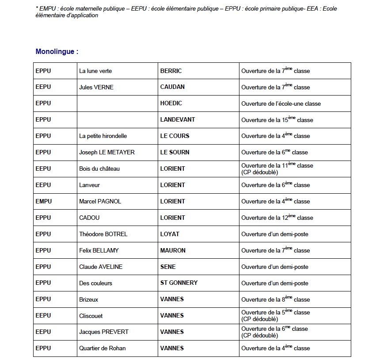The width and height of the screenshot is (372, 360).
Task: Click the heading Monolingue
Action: [57, 52]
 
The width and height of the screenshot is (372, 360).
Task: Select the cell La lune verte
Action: [95, 71]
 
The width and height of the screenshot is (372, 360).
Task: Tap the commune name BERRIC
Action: [171, 71]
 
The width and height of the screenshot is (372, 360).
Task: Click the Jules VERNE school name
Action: [96, 87]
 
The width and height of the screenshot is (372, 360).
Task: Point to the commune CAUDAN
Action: [172, 87]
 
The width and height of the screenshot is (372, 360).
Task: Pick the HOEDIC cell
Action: [171, 103]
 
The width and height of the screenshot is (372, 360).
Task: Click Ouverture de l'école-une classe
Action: [281, 103]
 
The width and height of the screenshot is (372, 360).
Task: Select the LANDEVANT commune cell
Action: [178, 119]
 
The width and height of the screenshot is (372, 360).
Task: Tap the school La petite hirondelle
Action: [103, 136]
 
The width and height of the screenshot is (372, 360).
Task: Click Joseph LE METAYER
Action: [107, 152]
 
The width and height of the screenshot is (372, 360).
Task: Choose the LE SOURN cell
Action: [175, 152]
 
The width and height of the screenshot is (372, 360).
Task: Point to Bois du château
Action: [99, 169]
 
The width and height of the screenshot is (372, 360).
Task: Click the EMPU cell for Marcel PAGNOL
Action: [44, 201]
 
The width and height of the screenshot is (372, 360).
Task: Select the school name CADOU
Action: [89, 218]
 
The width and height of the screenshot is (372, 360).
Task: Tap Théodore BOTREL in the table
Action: [103, 234]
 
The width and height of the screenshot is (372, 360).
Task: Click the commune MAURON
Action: [173, 250]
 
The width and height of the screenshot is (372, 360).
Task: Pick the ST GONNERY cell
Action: [179, 283]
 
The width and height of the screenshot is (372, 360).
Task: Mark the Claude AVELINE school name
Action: [101, 267]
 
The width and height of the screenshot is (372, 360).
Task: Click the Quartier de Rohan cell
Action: [102, 348]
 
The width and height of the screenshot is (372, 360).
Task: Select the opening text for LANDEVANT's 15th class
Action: [277, 119]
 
